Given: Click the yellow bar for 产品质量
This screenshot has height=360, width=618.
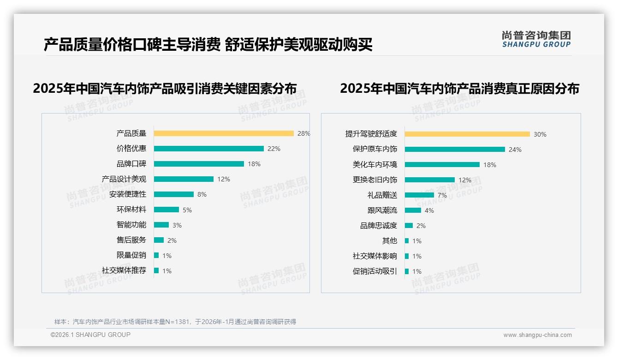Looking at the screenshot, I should pyautogui.click(x=224, y=133).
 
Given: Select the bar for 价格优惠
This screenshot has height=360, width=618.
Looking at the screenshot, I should pyautogui.click(x=209, y=149).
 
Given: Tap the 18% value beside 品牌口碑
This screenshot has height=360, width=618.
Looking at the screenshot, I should pyautogui.click(x=254, y=164).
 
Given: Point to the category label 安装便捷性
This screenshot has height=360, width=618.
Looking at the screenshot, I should pyautogui.click(x=128, y=194).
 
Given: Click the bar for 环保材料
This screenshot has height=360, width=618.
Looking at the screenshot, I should pyautogui.click(x=166, y=210).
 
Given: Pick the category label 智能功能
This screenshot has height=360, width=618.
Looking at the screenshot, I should pyautogui.click(x=131, y=225).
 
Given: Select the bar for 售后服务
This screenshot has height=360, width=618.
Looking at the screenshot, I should pyautogui.click(x=159, y=240).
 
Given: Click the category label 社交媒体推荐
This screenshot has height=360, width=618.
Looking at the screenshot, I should pyautogui.click(x=124, y=270).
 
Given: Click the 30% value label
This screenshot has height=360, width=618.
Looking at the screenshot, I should pyautogui.click(x=540, y=134).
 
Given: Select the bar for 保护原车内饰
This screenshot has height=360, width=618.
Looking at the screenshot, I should pyautogui.click(x=455, y=150).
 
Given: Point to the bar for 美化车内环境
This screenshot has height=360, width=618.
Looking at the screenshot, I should pyautogui.click(x=442, y=165).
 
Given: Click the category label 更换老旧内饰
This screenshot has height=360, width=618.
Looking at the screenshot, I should pyautogui.click(x=375, y=180).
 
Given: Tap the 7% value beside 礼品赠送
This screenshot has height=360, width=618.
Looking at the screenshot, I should pyautogui.click(x=442, y=195).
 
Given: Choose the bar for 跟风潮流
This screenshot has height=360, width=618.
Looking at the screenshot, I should pyautogui.click(x=413, y=210).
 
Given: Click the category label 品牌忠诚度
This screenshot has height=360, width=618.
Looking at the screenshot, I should pyautogui.click(x=379, y=226).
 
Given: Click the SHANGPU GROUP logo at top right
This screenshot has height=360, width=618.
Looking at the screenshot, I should pyautogui.click(x=536, y=39).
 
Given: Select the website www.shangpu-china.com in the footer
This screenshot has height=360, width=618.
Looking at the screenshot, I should pyautogui.click(x=537, y=335).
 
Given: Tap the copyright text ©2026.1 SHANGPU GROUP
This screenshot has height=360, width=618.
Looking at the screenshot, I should pyautogui.click(x=90, y=335).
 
